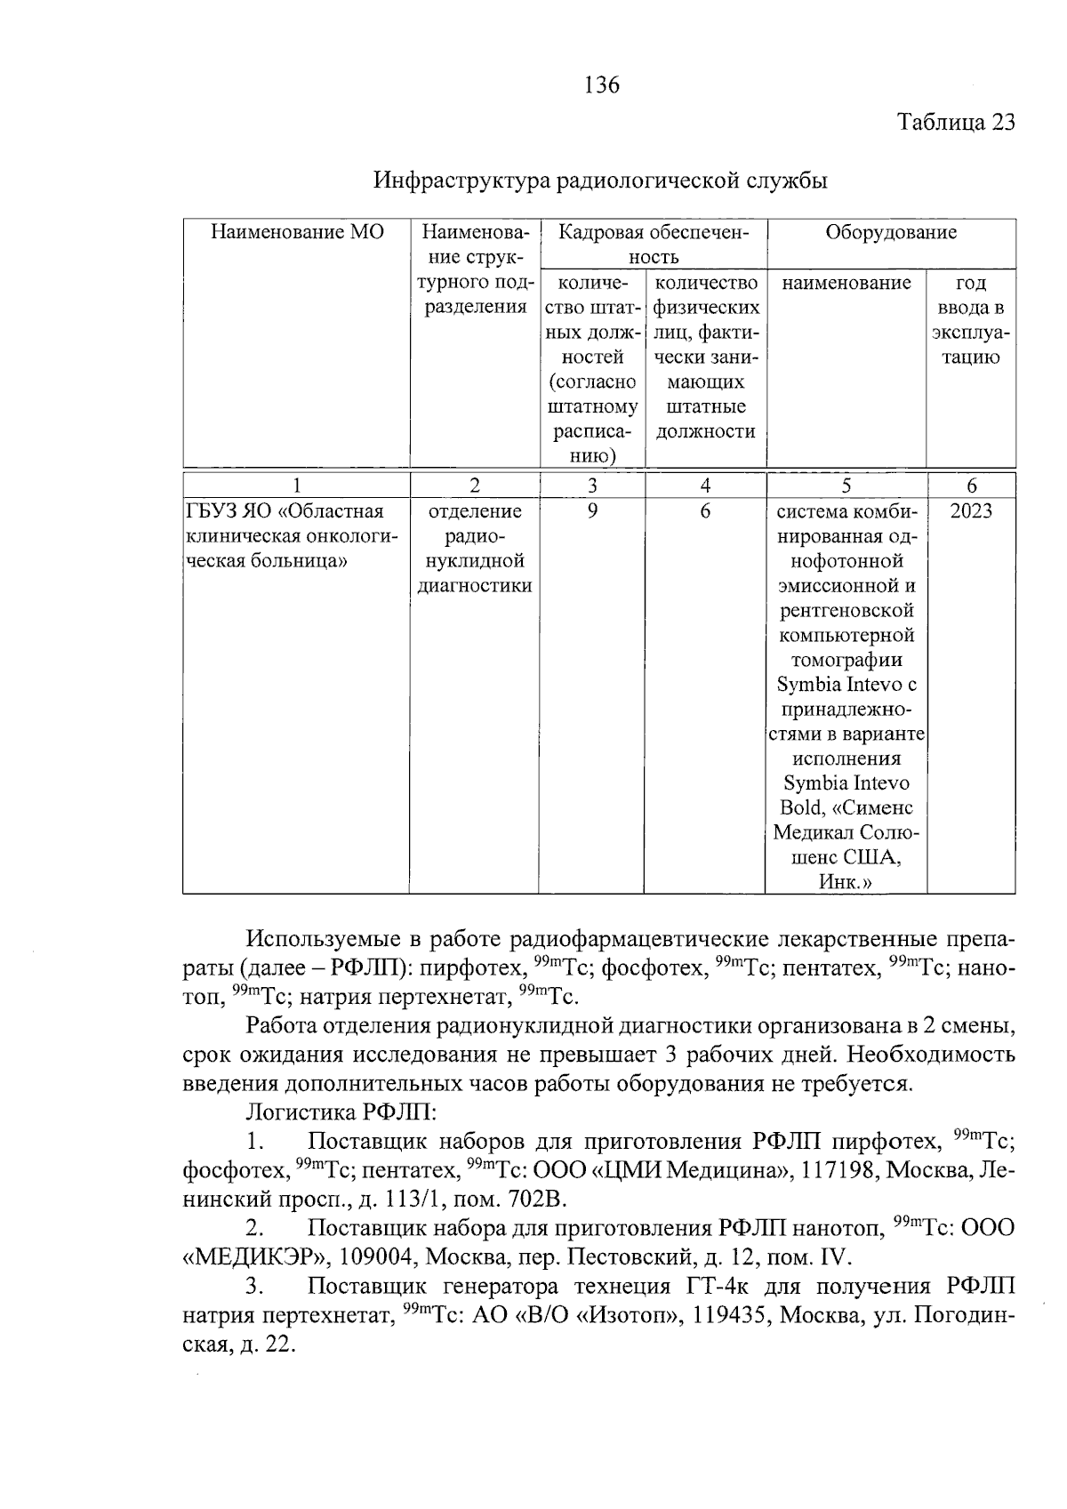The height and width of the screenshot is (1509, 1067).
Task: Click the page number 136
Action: [x=602, y=85]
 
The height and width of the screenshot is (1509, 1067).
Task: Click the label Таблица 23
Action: [x=955, y=122]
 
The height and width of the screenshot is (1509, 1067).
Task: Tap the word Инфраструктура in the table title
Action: [x=461, y=181]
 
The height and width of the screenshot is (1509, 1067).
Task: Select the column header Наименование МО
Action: [x=297, y=233]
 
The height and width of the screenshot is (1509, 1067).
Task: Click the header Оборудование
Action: [x=890, y=233]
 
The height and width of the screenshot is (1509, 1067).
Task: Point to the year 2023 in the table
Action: [x=970, y=511]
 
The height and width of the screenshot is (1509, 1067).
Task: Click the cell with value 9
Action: [x=592, y=511]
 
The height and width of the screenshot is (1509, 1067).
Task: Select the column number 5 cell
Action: [x=846, y=486]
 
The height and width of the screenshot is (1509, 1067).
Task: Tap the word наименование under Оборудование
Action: [x=846, y=283]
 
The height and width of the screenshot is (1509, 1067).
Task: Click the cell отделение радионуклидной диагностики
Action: [x=474, y=549]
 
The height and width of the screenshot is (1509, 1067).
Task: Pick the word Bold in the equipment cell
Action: [x=800, y=808]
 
